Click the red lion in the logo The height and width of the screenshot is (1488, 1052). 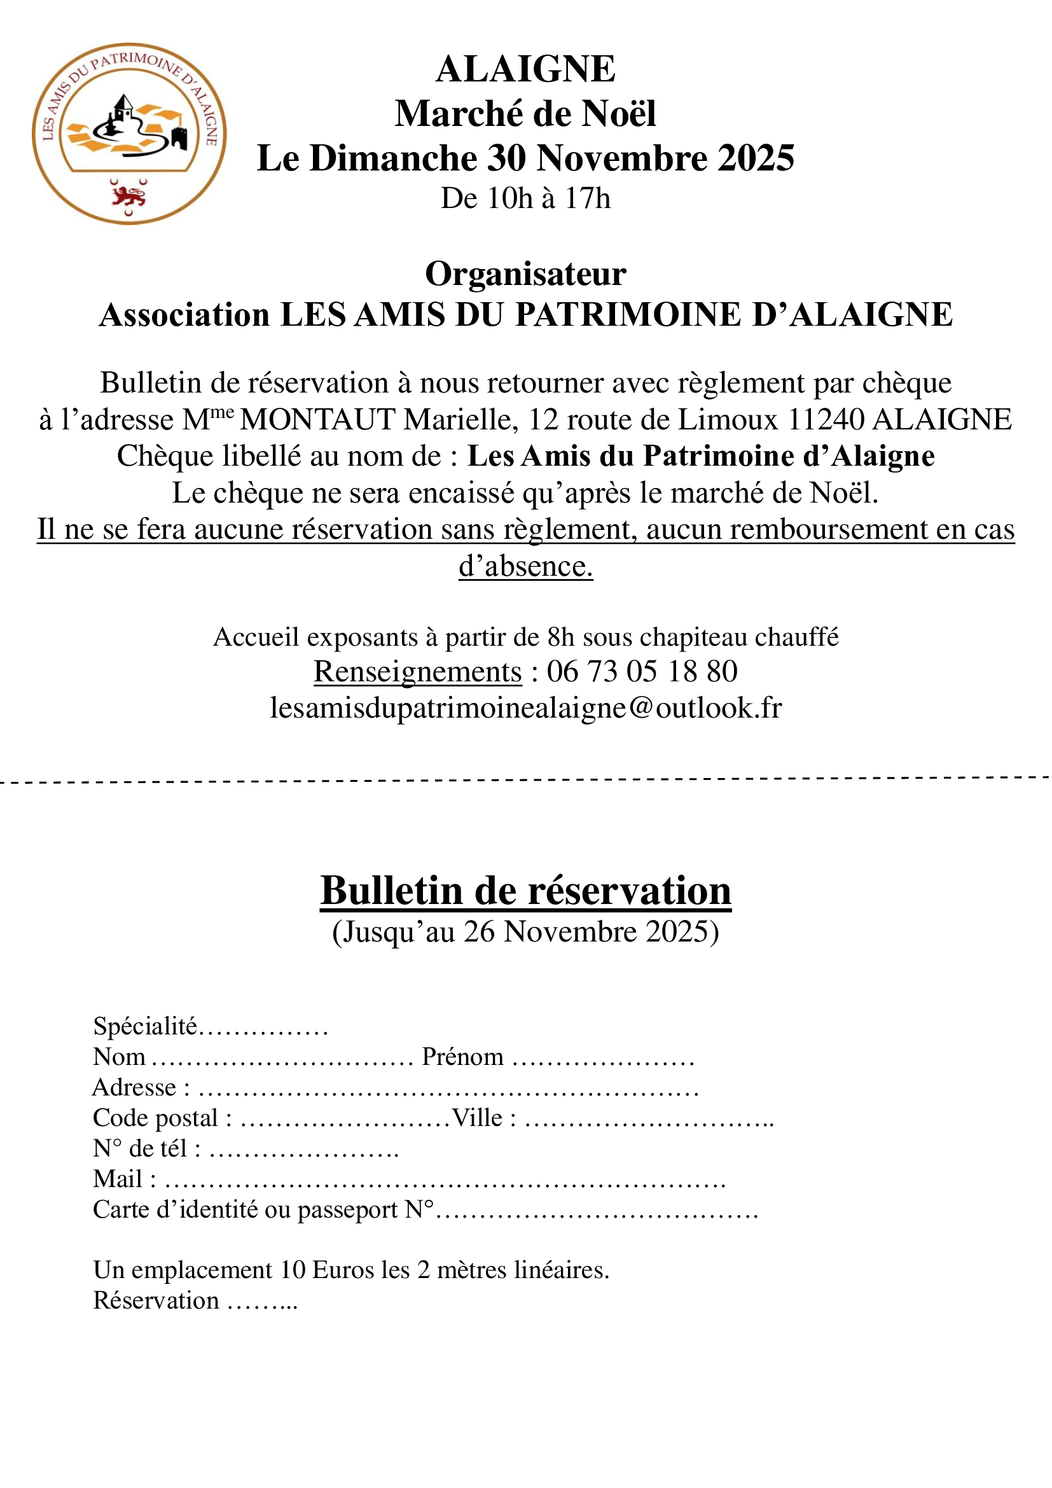point(128,195)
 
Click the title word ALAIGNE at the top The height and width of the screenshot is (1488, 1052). point(525,69)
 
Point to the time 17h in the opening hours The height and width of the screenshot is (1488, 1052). point(588,198)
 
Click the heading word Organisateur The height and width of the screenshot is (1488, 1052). point(525,274)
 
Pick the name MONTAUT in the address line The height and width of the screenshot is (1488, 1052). point(317,420)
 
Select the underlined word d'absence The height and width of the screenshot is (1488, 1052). point(525,566)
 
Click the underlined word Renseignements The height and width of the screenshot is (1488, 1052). point(418,671)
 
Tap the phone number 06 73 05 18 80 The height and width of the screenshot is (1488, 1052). point(642,671)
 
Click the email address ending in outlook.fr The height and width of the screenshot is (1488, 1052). point(525,707)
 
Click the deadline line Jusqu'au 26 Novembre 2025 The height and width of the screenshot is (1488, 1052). point(525,932)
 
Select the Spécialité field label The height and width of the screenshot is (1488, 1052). point(145,1027)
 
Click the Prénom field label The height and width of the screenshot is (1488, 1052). point(462,1057)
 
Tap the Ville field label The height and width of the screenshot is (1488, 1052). point(478,1118)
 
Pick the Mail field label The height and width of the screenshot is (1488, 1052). point(118,1179)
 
